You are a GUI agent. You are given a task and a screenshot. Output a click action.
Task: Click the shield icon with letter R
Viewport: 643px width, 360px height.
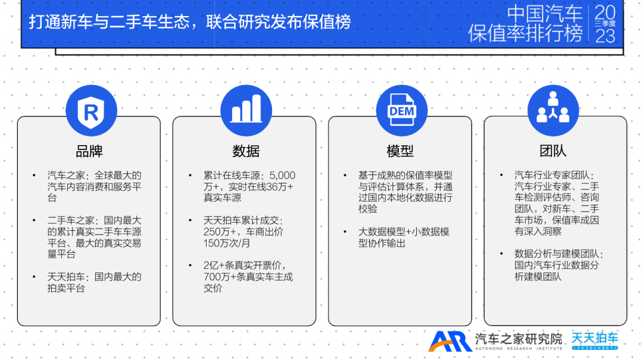point(91,111)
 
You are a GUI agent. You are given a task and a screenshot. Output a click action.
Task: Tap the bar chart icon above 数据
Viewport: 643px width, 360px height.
point(246,111)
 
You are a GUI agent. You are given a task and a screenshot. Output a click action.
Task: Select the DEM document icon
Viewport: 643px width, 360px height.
point(401,111)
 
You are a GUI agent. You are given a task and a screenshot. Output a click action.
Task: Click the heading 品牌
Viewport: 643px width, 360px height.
point(89,151)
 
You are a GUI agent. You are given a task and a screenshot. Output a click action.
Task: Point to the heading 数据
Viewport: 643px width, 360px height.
point(246,151)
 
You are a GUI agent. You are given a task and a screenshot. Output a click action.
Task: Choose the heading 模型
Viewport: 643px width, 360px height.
point(400,151)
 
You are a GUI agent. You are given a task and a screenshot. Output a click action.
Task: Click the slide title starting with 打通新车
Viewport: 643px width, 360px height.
point(190,22)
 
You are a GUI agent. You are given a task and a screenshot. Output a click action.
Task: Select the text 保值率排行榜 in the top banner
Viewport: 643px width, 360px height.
point(525,33)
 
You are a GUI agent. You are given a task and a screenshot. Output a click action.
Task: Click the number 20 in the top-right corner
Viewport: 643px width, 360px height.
point(605,13)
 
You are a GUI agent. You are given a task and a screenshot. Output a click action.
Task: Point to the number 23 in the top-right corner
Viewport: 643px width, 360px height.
point(605,36)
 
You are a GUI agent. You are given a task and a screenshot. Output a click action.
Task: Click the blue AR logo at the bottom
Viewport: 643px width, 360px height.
point(450,341)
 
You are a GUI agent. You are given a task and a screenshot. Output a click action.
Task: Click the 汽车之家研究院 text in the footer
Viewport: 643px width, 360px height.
point(519,339)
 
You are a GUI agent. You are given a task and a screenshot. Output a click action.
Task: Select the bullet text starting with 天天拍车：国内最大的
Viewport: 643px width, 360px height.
point(94,283)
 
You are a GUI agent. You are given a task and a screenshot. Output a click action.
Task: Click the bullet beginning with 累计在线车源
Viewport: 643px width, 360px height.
point(249,187)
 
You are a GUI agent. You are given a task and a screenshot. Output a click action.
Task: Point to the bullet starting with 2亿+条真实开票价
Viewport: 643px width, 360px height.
point(249,277)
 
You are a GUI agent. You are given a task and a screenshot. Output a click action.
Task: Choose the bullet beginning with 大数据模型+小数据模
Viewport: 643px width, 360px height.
point(403,237)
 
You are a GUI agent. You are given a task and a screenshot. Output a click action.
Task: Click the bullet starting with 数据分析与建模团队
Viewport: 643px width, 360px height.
point(558,265)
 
